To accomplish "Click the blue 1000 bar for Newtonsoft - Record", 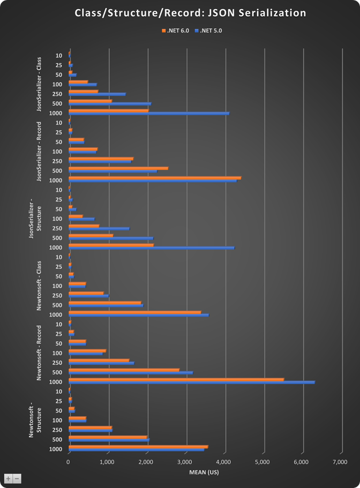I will click(192, 382).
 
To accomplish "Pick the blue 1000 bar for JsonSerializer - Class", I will click(149, 114).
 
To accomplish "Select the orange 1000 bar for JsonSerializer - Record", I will click(155, 177).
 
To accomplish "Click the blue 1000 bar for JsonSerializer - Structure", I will click(152, 248).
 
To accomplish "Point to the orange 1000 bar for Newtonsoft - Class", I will click(134, 312).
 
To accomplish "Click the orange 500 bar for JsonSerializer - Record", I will click(118, 168).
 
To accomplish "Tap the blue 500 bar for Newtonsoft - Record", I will click(131, 373).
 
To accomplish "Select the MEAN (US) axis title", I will click(204, 472).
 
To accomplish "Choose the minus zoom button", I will click(17, 478).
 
